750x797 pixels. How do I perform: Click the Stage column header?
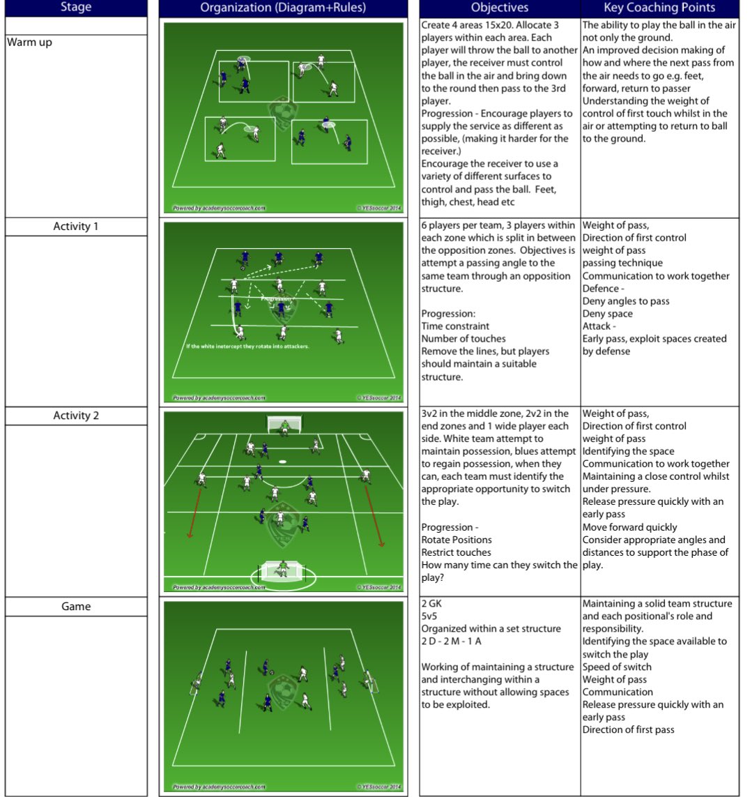click(x=75, y=8)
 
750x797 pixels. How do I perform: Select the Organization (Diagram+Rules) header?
click(x=282, y=8)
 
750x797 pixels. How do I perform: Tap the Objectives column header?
click(x=499, y=8)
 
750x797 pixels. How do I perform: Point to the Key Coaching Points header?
click(x=659, y=8)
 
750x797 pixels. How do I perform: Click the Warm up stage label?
click(x=29, y=43)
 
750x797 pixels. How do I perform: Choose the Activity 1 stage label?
click(x=76, y=227)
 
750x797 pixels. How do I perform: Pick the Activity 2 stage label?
click(x=76, y=416)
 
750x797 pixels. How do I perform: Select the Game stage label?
click(x=76, y=607)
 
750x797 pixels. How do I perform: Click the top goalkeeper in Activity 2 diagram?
click(x=284, y=425)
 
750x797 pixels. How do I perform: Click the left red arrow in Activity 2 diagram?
click(x=195, y=511)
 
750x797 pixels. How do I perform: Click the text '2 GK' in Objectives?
click(x=431, y=604)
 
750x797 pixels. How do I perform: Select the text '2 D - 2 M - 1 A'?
click(x=451, y=642)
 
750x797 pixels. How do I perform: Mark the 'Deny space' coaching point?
click(x=608, y=314)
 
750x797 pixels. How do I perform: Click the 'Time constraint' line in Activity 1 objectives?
click(x=455, y=326)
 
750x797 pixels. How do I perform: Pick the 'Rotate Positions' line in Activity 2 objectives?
click(x=457, y=540)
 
